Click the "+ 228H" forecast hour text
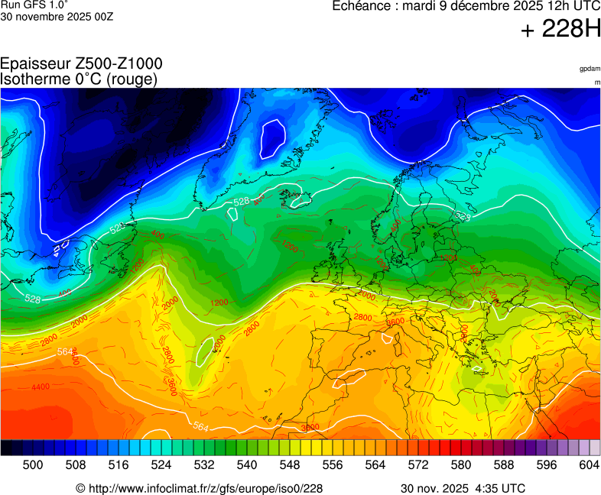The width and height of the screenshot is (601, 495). click(560, 30)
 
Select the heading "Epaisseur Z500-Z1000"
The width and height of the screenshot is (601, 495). click(81, 64)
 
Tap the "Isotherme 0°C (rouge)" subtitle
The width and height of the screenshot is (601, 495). click(79, 79)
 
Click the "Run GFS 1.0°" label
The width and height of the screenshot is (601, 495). click(34, 5)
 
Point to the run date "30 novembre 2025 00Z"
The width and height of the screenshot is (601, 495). click(57, 17)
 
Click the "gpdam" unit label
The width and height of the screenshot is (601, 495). click(589, 69)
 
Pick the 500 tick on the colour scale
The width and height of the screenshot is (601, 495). click(33, 464)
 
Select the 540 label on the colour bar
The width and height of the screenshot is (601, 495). click(247, 464)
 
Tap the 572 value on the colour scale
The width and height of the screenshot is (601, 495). click(418, 464)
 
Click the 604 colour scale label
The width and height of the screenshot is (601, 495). click(589, 464)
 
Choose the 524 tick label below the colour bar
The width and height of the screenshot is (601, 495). click(161, 464)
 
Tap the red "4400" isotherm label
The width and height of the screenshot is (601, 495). click(41, 387)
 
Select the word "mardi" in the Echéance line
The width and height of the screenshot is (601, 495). click(421, 6)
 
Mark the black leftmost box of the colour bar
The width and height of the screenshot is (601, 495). click(6, 448)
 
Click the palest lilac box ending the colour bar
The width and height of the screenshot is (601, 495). click(595, 448)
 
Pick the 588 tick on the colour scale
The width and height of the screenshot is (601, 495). click(504, 464)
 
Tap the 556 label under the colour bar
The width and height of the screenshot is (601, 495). click(333, 464)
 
